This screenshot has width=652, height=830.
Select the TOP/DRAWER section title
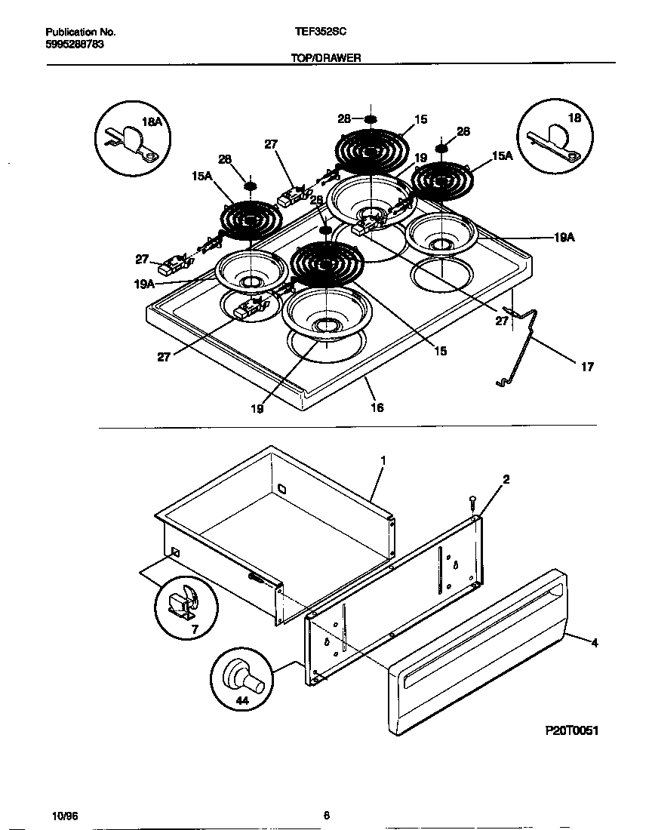coord(326,58)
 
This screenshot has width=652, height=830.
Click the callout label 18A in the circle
coord(152,122)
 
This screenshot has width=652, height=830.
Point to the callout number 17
coord(587,366)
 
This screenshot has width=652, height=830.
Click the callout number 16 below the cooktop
coord(377,407)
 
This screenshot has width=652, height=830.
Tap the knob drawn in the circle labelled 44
coord(244,678)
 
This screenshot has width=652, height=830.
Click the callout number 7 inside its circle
coord(195,630)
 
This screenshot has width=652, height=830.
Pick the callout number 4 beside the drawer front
coord(595,643)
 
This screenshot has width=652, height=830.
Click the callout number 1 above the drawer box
coord(383,461)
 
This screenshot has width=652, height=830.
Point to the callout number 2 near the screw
coord(506,480)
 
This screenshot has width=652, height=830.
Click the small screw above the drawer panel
coord(472,503)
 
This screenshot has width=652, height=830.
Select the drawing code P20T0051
coord(571,731)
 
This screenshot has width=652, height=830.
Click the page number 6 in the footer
coord(327,815)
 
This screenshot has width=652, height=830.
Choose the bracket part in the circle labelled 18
coord(555,140)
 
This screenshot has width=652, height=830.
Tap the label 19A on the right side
coord(564,238)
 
